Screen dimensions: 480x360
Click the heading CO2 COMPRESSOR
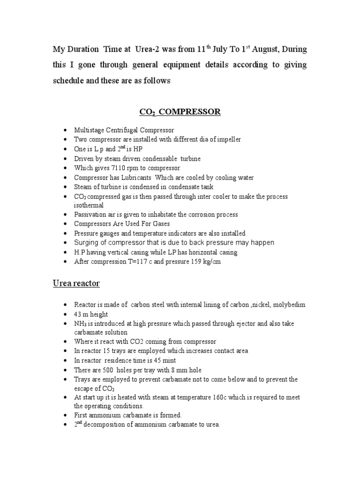pyautogui.click(x=180, y=112)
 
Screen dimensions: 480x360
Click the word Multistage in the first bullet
pyautogui.click(x=89, y=130)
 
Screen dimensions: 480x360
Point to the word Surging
pyautogui.click(x=87, y=242)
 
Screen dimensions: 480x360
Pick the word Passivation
pyautogui.click(x=91, y=215)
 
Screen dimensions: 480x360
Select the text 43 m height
pyautogui.click(x=91, y=314)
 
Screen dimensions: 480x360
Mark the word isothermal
pyautogui.click(x=89, y=205)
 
